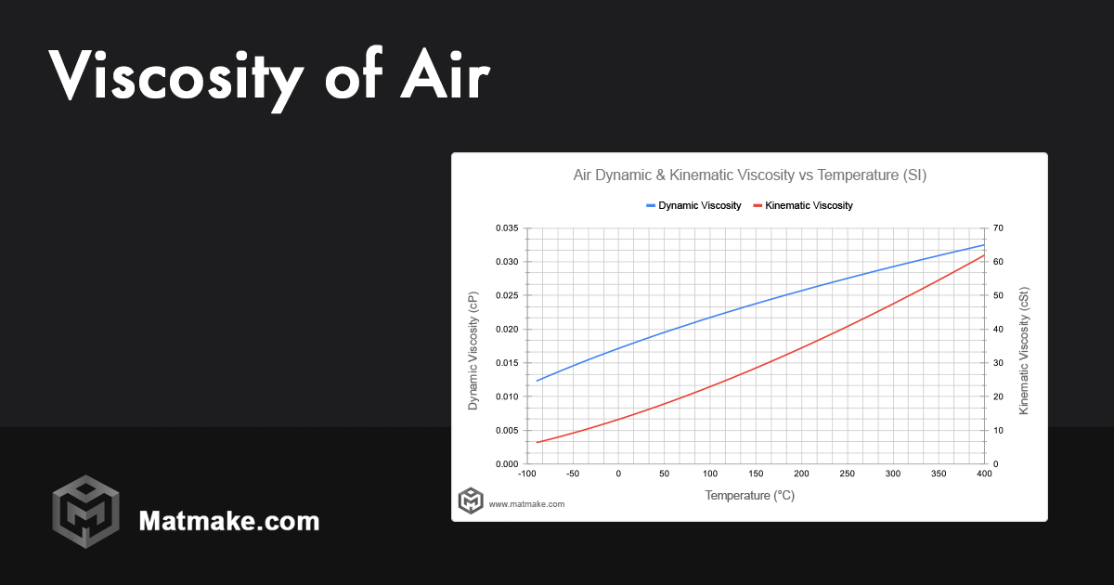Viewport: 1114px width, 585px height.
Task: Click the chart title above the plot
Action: pos(749,175)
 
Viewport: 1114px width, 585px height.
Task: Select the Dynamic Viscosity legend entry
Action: pos(699,205)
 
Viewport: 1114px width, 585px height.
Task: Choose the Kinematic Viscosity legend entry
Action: pos(809,205)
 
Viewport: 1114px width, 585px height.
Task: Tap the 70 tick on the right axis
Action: pos(998,228)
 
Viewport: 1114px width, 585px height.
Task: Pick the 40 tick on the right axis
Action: pos(998,330)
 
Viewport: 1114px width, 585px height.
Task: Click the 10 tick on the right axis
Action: pos(998,431)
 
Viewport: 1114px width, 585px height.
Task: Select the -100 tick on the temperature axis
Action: pos(526,474)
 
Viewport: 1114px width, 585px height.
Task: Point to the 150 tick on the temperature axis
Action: pos(756,474)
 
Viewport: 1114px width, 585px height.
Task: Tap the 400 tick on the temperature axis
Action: pos(984,474)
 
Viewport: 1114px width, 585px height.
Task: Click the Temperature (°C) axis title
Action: pos(749,496)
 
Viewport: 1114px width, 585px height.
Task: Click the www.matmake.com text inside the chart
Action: pos(526,504)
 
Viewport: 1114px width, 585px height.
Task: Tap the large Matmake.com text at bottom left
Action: pos(228,521)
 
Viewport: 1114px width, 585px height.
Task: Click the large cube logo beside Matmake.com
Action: pos(85,512)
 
